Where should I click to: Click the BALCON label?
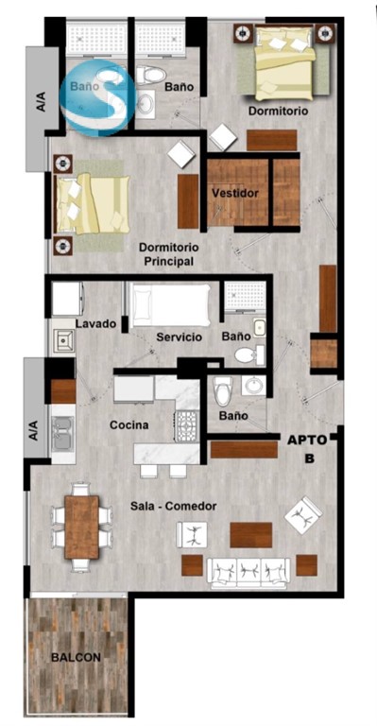click(76, 657)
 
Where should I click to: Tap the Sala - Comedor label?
click(174, 506)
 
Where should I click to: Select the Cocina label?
click(129, 424)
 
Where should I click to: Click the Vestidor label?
click(235, 193)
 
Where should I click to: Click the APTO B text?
click(308, 449)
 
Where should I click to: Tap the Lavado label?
click(95, 323)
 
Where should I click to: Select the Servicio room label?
click(179, 337)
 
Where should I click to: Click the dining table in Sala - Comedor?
click(82, 527)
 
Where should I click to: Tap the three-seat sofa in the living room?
click(248, 573)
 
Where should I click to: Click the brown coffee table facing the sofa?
click(251, 535)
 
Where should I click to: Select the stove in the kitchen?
click(187, 425)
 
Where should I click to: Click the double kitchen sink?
click(63, 434)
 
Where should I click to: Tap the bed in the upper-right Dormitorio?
click(286, 62)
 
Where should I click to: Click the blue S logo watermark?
click(98, 97)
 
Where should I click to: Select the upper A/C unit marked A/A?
click(43, 109)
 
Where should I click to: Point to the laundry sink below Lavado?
click(62, 340)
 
